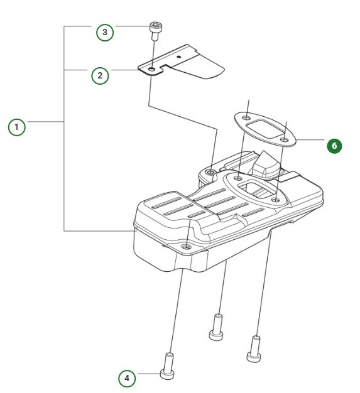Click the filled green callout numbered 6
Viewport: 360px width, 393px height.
334,146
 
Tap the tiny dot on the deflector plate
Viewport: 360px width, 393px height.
180,57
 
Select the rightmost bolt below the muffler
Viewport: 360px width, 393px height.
254,348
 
